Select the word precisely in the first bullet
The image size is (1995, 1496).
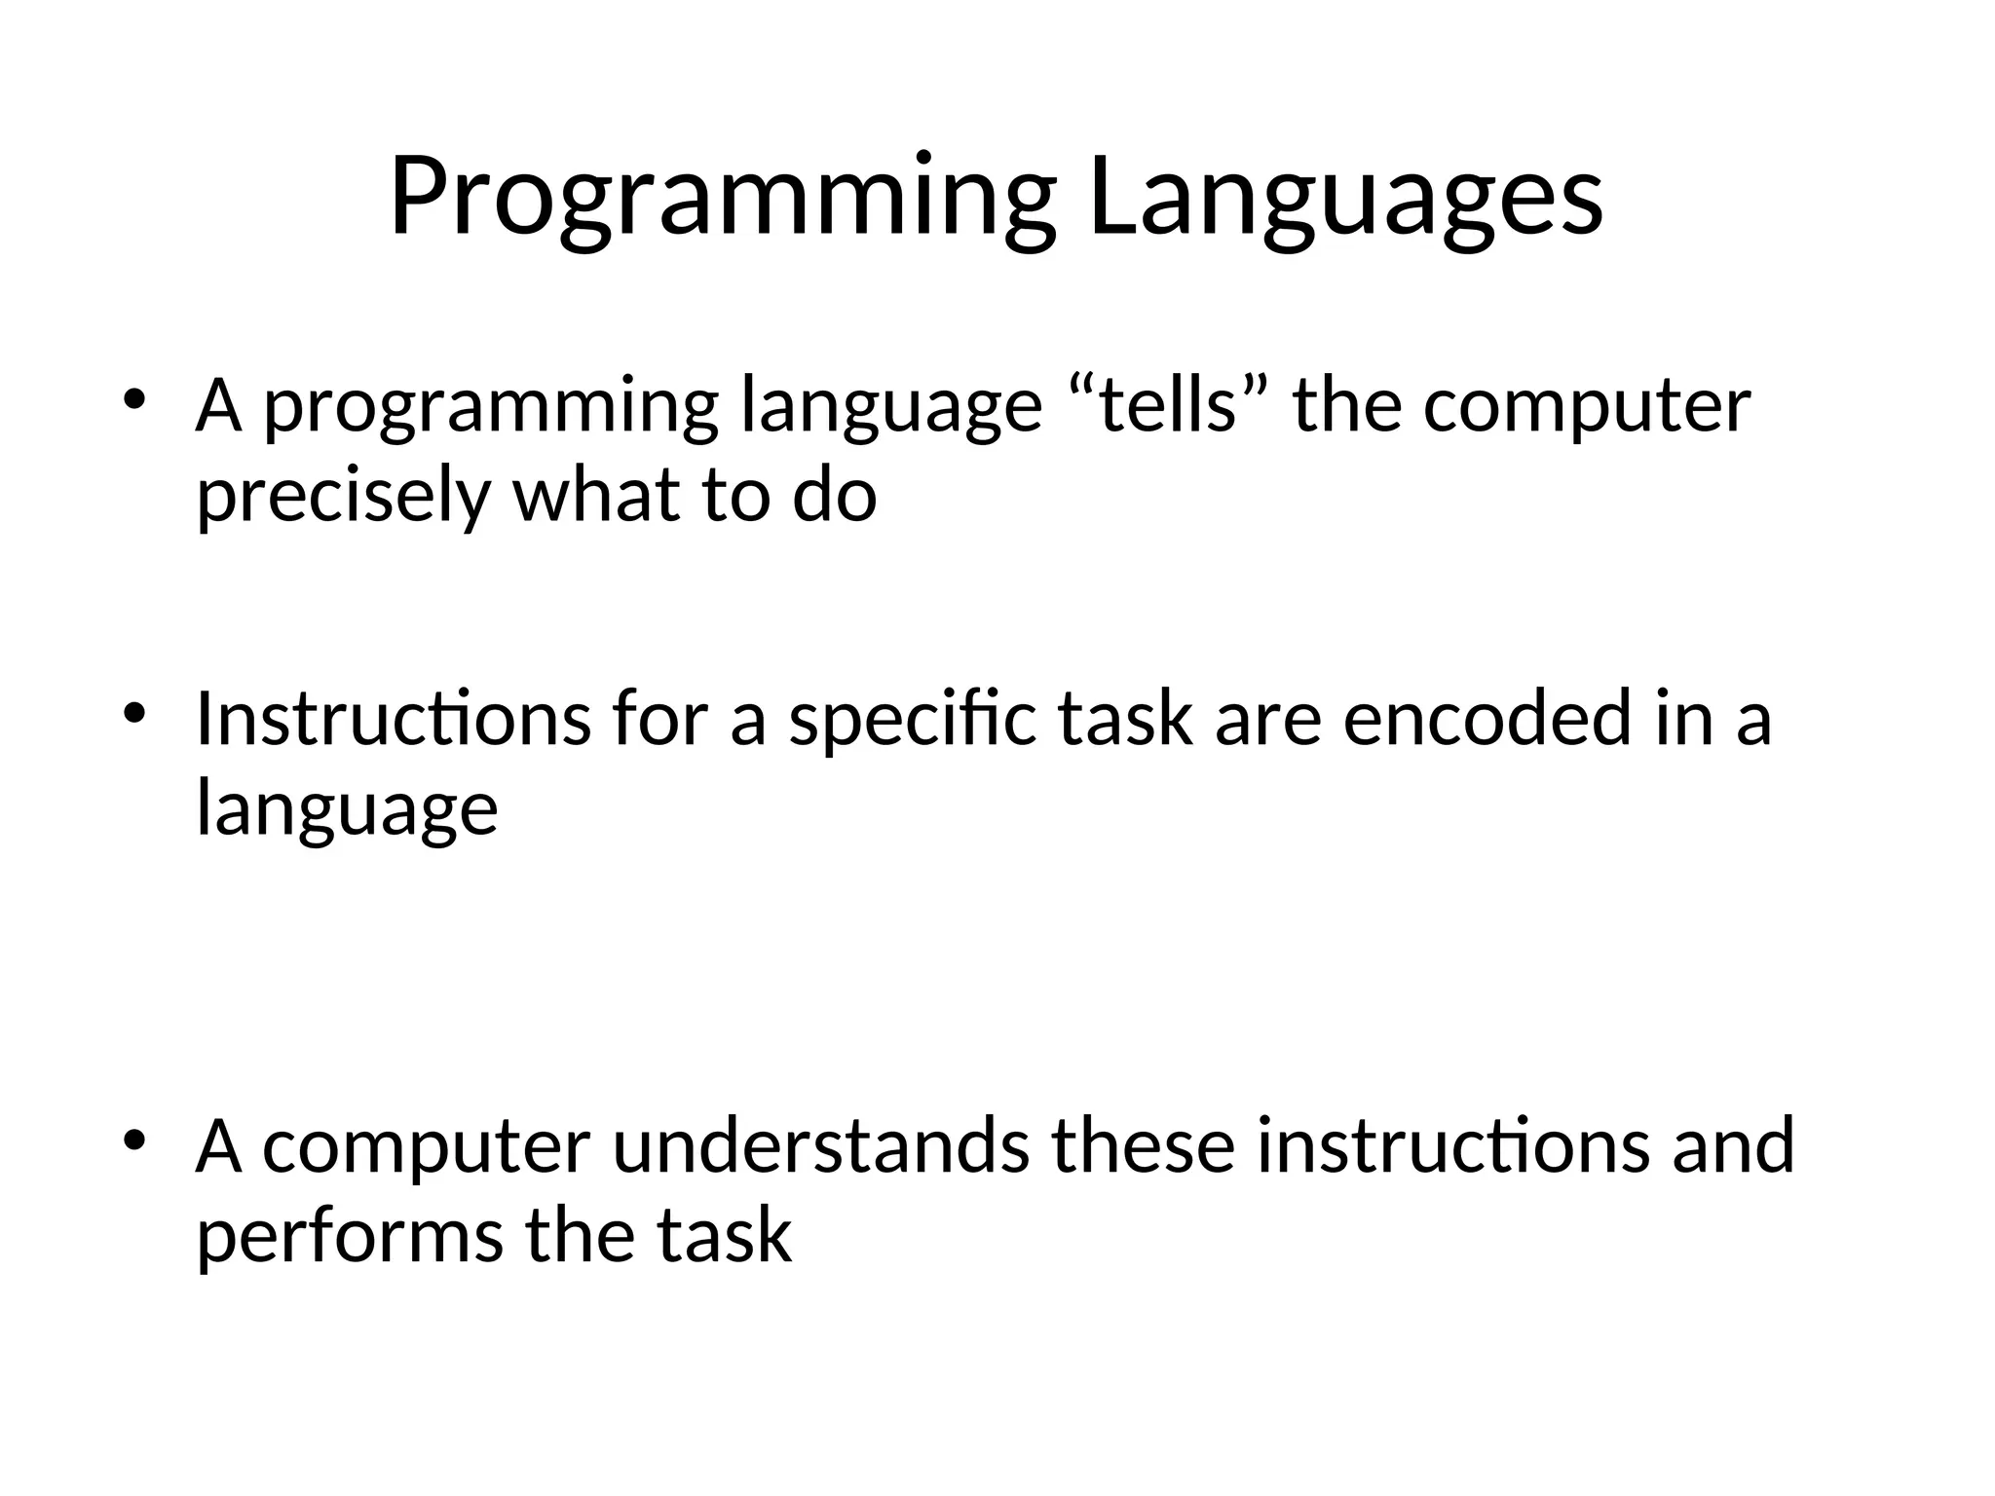coord(342,496)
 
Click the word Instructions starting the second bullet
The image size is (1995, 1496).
coord(393,718)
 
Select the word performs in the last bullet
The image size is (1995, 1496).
coord(350,1235)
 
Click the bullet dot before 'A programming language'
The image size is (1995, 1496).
coord(134,399)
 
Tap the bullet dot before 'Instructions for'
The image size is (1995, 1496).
coord(134,712)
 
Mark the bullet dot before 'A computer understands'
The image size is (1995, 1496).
coord(134,1140)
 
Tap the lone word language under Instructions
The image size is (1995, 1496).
coord(347,808)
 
